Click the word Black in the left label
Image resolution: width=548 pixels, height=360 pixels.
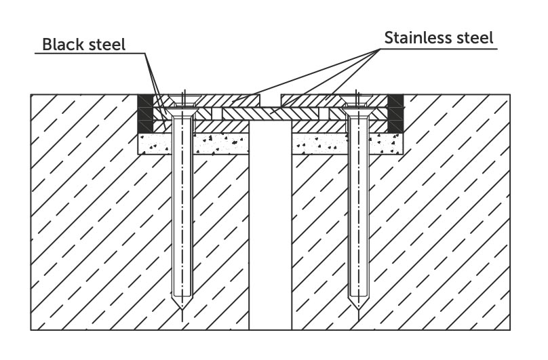[64, 44]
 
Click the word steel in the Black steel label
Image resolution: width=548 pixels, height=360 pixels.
[107, 44]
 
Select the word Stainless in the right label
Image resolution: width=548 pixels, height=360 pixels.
[416, 37]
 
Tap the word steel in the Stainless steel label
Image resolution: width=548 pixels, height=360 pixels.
[475, 37]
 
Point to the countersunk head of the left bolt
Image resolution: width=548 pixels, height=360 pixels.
[182, 112]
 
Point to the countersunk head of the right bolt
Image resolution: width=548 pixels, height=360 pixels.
[359, 112]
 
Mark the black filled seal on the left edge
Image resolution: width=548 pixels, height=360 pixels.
[145, 113]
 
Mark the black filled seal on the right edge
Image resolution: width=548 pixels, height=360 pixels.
[395, 113]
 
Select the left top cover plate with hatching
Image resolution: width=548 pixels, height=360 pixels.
[213, 100]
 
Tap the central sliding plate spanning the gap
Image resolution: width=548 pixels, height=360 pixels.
[270, 114]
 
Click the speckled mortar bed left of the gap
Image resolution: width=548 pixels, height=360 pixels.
[193, 144]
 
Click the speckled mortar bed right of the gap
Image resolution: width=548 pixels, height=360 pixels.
[347, 144]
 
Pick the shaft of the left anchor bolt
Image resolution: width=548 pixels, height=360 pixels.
[182, 206]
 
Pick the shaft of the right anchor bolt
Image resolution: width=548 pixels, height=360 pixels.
[358, 206]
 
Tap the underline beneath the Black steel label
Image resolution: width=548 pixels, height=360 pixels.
[90, 53]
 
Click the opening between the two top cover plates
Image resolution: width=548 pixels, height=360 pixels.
[270, 100]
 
